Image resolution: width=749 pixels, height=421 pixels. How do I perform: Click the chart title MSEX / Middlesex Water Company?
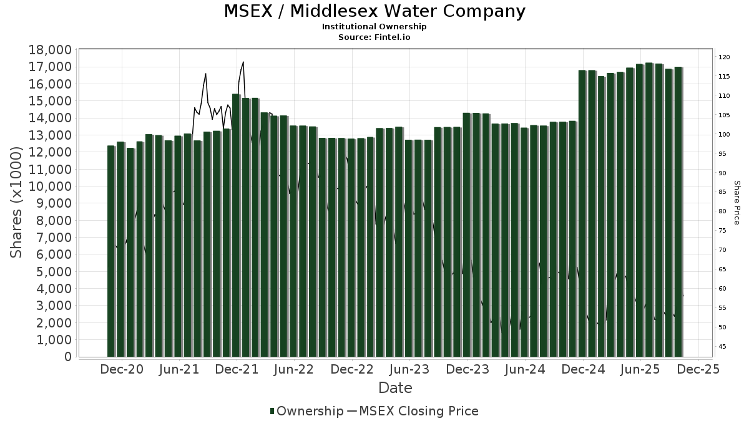pyautogui.click(x=374, y=11)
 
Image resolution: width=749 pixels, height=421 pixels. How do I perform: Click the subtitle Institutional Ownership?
pyautogui.click(x=374, y=27)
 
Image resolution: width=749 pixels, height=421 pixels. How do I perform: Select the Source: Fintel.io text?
pyautogui.click(x=374, y=37)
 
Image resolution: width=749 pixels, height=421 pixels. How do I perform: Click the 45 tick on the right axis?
pyautogui.click(x=722, y=346)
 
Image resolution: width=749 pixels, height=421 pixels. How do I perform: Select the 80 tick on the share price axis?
pyautogui.click(x=722, y=211)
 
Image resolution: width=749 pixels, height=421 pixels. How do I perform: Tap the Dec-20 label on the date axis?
pyautogui.click(x=122, y=369)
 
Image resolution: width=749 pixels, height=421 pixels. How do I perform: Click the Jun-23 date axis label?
pyautogui.click(x=409, y=369)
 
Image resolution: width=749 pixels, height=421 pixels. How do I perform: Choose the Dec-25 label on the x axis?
pyautogui.click(x=698, y=369)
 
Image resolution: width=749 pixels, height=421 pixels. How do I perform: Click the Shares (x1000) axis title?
pyautogui.click(x=17, y=202)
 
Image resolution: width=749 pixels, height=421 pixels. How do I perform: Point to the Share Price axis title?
pyautogui.click(x=737, y=203)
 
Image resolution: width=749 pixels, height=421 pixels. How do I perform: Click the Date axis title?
pyautogui.click(x=395, y=388)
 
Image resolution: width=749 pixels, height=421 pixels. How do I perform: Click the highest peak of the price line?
pyautogui.click(x=243, y=62)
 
